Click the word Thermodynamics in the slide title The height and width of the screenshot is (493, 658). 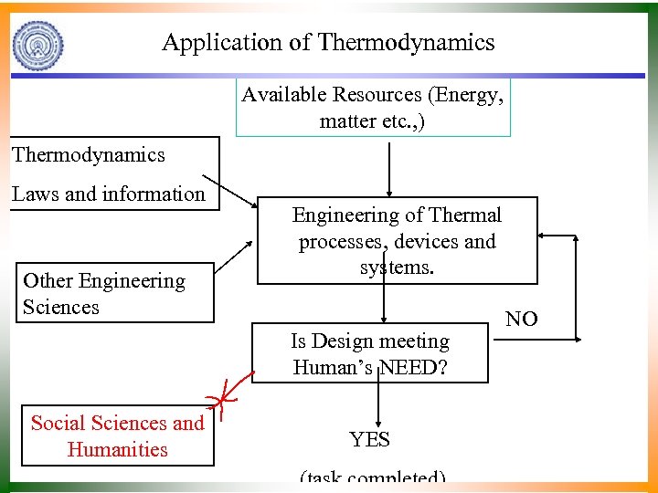406,42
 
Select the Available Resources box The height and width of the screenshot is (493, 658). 373,108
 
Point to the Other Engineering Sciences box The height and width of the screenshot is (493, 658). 116,294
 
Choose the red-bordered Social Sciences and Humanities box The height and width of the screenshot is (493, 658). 118,436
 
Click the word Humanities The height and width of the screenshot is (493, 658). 118,449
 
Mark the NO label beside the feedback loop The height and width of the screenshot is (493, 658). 522,319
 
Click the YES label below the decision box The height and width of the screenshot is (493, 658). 370,440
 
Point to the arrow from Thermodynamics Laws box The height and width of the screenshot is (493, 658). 228,191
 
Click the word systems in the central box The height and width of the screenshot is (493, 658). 396,267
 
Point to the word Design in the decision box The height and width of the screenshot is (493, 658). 344,341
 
